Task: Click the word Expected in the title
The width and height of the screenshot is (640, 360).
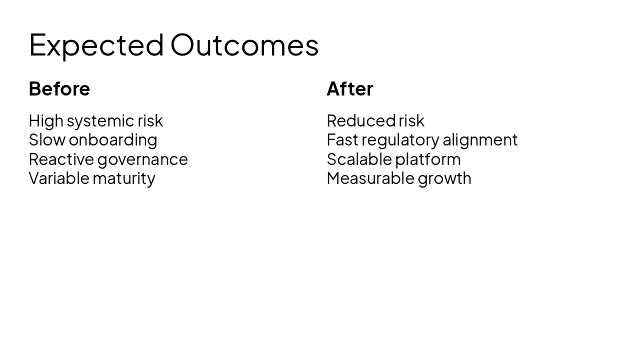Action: tap(96, 45)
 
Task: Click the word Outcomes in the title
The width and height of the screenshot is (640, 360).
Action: tap(244, 45)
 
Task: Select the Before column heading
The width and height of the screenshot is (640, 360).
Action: tap(59, 89)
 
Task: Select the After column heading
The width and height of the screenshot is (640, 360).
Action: tap(349, 89)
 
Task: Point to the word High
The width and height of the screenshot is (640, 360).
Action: tap(46, 121)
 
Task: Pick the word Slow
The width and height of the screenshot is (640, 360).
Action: tap(46, 140)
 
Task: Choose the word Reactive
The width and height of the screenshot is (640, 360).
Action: tap(61, 159)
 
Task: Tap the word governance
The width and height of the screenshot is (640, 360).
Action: tap(142, 159)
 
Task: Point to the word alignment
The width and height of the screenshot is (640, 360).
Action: tap(480, 140)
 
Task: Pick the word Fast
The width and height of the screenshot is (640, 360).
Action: tap(342, 140)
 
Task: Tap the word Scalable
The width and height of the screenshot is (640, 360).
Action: tap(359, 159)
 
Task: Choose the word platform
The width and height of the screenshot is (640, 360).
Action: tap(427, 159)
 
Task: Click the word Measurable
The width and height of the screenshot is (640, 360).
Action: tap(370, 178)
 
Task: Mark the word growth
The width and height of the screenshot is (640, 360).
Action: tap(444, 178)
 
